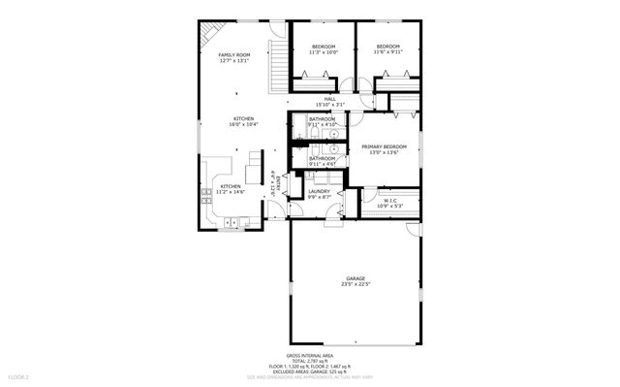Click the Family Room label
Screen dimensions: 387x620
[x=233, y=54]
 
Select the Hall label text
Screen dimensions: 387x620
[x=329, y=99]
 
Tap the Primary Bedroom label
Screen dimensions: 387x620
[x=385, y=146]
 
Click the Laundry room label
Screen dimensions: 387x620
[x=320, y=191]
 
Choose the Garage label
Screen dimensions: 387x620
[x=356, y=278]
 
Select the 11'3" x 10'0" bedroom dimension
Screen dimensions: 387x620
[x=324, y=52]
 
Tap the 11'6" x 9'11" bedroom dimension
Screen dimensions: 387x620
[x=388, y=52]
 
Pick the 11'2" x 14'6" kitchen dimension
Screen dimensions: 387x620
[x=231, y=192]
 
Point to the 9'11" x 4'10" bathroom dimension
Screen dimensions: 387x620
[x=322, y=124]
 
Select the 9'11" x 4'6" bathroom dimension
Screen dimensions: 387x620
[x=322, y=164]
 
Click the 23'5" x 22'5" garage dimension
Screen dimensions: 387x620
[x=356, y=284]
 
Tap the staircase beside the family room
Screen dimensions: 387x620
[x=278, y=64]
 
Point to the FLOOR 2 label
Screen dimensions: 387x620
[x=19, y=375]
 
